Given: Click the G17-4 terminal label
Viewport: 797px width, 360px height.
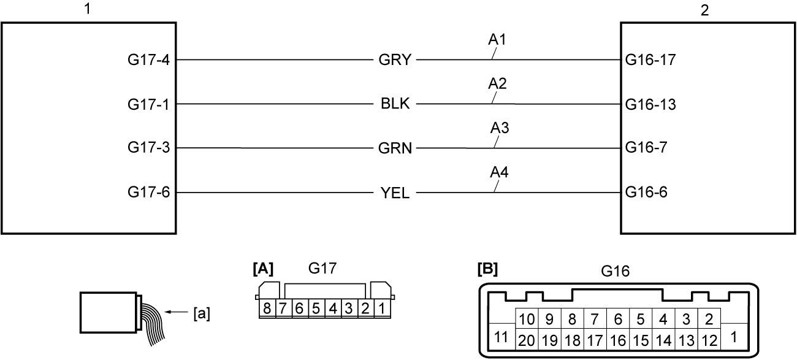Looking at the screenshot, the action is (x=149, y=59).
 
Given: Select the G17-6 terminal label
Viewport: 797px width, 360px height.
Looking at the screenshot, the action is (x=149, y=193).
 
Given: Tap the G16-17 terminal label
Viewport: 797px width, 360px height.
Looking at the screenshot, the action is (x=650, y=60).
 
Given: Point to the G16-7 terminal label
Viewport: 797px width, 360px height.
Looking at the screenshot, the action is (x=646, y=147).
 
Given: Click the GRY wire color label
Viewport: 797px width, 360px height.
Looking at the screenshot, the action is (x=395, y=60).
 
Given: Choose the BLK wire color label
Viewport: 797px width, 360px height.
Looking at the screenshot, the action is (x=395, y=104).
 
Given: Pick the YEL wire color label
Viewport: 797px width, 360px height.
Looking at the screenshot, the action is (x=395, y=193).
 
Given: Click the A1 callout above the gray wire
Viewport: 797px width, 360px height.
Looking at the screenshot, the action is (x=497, y=39).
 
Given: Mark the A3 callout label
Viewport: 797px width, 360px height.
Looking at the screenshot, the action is (x=500, y=128).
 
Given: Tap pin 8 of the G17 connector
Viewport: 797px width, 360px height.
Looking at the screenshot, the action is (x=267, y=308).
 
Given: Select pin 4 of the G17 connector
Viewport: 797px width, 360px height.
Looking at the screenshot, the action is (x=333, y=308).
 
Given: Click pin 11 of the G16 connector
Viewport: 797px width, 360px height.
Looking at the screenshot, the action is (x=501, y=337).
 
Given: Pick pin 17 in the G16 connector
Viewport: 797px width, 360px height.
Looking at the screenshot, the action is (x=595, y=341).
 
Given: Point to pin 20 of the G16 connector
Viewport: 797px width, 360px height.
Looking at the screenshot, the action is (x=527, y=341).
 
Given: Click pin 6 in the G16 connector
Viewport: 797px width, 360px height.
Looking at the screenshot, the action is (x=618, y=320).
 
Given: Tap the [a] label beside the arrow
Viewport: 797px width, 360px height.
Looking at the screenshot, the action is (x=202, y=314).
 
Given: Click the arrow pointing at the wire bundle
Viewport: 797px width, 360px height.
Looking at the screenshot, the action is (x=176, y=312).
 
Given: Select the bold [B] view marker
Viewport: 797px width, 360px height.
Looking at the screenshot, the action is (x=487, y=269).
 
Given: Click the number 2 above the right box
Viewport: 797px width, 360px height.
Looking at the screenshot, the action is (x=704, y=10).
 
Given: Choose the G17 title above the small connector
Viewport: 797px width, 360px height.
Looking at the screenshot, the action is (x=322, y=268).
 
